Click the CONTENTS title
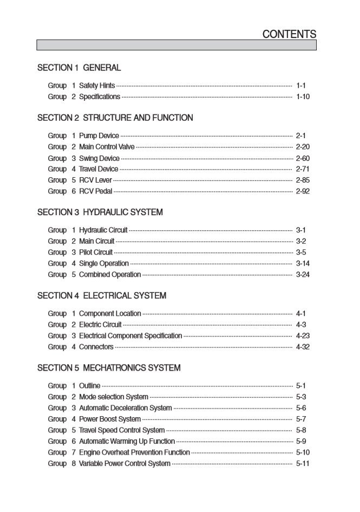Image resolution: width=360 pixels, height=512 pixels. (x=289, y=34)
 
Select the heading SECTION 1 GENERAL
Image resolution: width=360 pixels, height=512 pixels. (x=79, y=68)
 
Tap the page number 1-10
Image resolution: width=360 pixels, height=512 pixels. (x=303, y=96)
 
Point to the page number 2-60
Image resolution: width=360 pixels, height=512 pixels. (x=303, y=158)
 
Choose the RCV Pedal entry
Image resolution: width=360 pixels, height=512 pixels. (x=96, y=191)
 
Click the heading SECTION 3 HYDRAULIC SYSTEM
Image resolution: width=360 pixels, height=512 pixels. (x=100, y=212)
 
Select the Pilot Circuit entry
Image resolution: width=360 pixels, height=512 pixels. (x=96, y=252)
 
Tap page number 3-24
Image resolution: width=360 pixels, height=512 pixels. (x=303, y=274)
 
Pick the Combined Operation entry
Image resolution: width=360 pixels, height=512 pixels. (x=110, y=274)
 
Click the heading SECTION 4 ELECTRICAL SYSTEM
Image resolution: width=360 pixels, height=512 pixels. (x=102, y=296)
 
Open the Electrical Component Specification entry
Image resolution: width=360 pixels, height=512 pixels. (x=130, y=336)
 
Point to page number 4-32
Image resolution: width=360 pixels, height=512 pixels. (x=303, y=347)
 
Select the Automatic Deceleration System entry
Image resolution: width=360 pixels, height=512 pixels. (x=126, y=408)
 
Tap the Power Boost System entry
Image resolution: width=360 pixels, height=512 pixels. (x=110, y=419)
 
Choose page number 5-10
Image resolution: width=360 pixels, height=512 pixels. (x=303, y=452)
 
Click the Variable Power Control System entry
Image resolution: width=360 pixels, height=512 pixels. (x=125, y=463)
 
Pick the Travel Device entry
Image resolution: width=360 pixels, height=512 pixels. (x=99, y=169)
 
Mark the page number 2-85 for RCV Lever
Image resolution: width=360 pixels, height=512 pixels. (x=303, y=180)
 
